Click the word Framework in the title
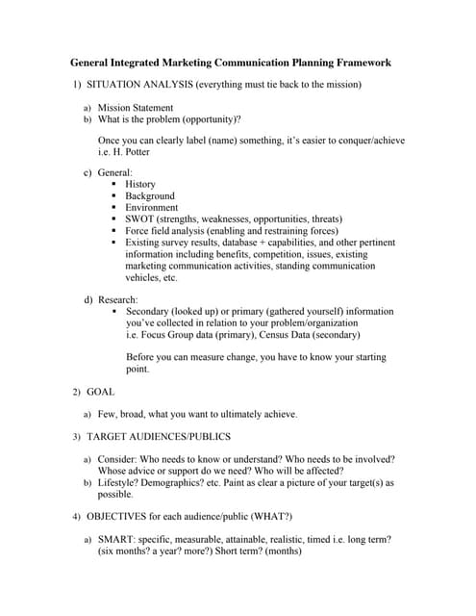click(x=356, y=63)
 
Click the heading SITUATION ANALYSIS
click(x=140, y=86)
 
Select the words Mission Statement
click(x=136, y=108)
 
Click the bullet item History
click(x=140, y=184)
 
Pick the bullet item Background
click(x=150, y=195)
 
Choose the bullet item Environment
click(x=152, y=207)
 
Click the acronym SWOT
click(x=139, y=219)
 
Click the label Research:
click(x=117, y=299)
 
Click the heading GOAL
click(x=101, y=392)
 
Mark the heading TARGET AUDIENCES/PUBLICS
click(x=159, y=437)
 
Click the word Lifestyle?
click(x=121, y=482)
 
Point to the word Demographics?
click(x=183, y=482)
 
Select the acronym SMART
click(x=117, y=540)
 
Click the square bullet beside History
click(x=114, y=184)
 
